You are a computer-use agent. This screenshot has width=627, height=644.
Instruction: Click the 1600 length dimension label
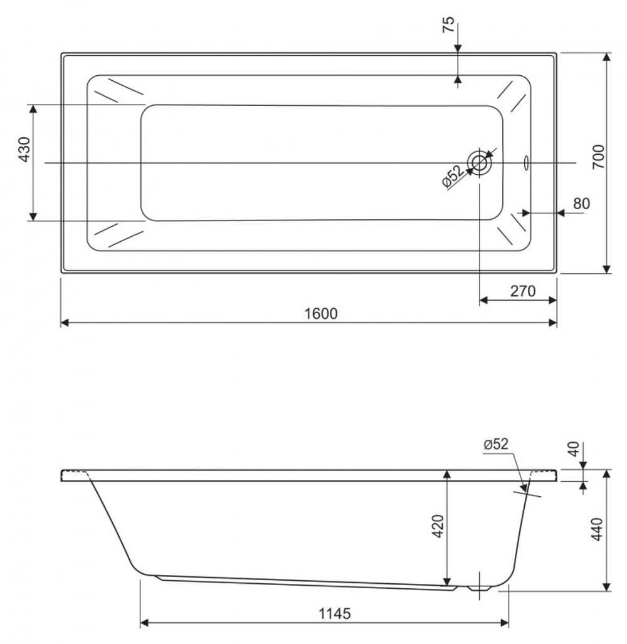[x=320, y=313]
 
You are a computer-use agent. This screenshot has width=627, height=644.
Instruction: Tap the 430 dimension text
[x=24, y=150]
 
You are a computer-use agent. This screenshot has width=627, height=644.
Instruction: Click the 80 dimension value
[x=581, y=204]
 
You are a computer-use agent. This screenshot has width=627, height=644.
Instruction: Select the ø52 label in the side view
[x=496, y=444]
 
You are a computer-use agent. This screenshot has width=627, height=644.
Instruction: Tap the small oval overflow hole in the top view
[x=526, y=163]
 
